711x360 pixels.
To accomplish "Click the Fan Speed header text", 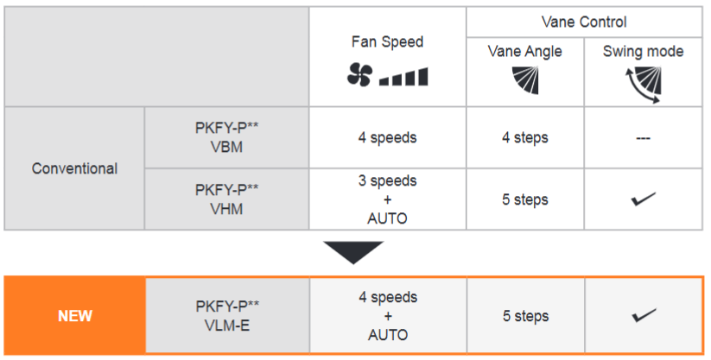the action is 387,41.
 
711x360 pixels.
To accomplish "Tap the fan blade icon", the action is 359,74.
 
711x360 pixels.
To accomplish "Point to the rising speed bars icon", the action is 403,77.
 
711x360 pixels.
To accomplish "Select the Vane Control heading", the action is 584,22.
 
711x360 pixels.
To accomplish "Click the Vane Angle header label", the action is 524,52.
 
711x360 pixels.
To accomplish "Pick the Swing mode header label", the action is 643,51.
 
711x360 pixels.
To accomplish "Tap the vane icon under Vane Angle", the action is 525,79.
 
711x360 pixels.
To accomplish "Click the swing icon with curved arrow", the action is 643,85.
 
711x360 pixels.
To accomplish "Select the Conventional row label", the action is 75,168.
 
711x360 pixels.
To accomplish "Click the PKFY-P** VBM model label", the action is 226,137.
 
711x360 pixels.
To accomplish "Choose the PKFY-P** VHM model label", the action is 226,199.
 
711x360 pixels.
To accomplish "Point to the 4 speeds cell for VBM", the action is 387,137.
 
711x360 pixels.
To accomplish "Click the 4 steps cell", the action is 525,137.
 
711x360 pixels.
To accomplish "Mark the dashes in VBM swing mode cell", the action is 643,138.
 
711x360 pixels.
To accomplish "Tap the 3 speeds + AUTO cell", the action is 387,199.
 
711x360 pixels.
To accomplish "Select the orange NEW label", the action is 75,316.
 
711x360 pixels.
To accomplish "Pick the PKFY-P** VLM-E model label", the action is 227,316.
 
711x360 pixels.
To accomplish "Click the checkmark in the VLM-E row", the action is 644,316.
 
